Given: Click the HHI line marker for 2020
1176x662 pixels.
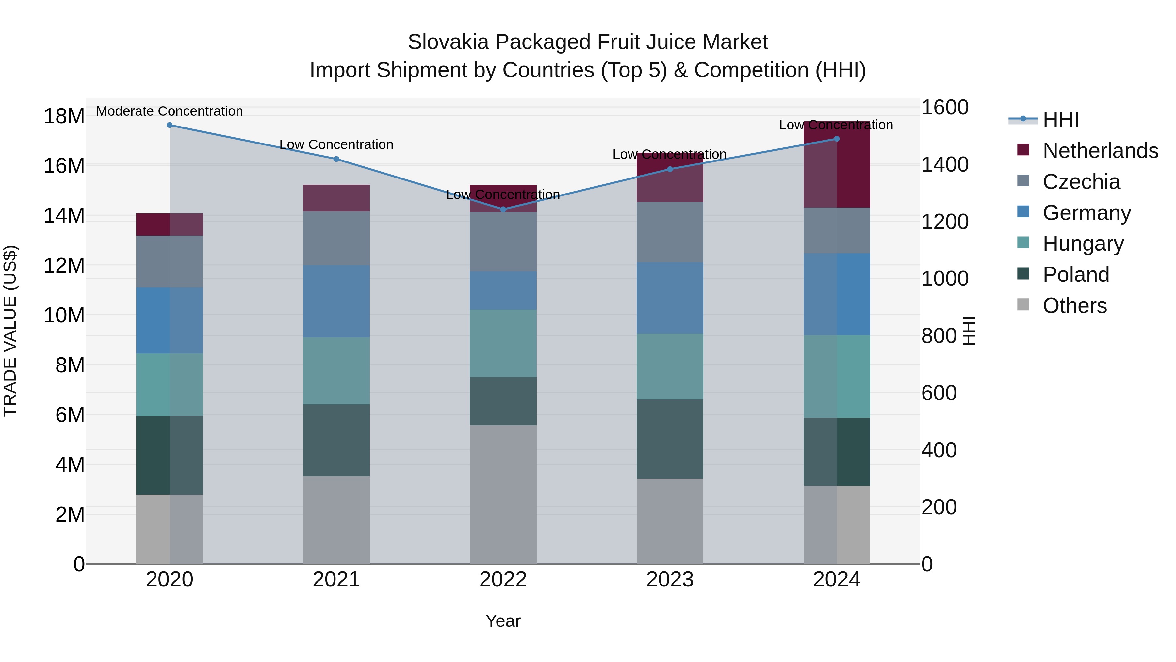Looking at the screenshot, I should [169, 125].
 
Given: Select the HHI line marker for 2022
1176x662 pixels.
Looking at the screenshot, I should [503, 209].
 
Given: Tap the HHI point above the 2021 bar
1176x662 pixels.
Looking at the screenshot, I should [336, 159].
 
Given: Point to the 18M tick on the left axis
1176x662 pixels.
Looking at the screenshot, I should [64, 116].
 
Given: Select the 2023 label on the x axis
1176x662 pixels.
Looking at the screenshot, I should [670, 580].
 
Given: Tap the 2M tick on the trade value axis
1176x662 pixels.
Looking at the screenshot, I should [70, 515].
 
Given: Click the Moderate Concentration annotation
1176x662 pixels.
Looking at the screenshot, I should [169, 111].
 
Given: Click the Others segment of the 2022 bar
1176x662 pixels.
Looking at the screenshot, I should [503, 494].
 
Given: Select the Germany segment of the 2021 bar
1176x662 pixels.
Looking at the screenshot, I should [336, 301].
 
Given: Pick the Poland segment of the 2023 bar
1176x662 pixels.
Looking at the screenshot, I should [670, 439].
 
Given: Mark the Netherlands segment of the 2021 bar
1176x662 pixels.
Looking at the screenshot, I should [336, 198].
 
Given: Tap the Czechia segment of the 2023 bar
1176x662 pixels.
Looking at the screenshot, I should [670, 232].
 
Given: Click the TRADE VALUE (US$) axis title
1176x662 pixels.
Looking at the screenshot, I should [10, 331].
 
